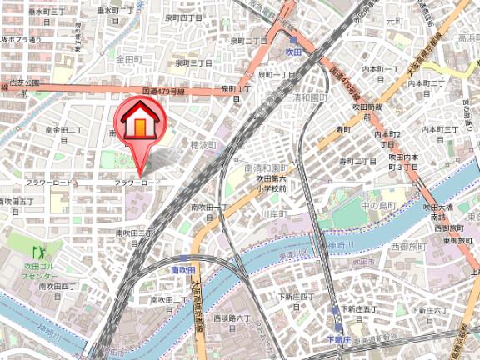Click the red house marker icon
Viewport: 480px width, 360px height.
click(139, 124)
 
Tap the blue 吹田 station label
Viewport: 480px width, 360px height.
click(315, 52)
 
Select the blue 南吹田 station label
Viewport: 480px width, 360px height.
click(182, 270)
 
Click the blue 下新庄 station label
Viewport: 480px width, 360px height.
click(338, 340)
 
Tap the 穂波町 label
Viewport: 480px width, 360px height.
click(202, 145)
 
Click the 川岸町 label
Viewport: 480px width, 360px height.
click(272, 215)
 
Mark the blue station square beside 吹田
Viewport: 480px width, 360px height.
click(294, 39)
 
